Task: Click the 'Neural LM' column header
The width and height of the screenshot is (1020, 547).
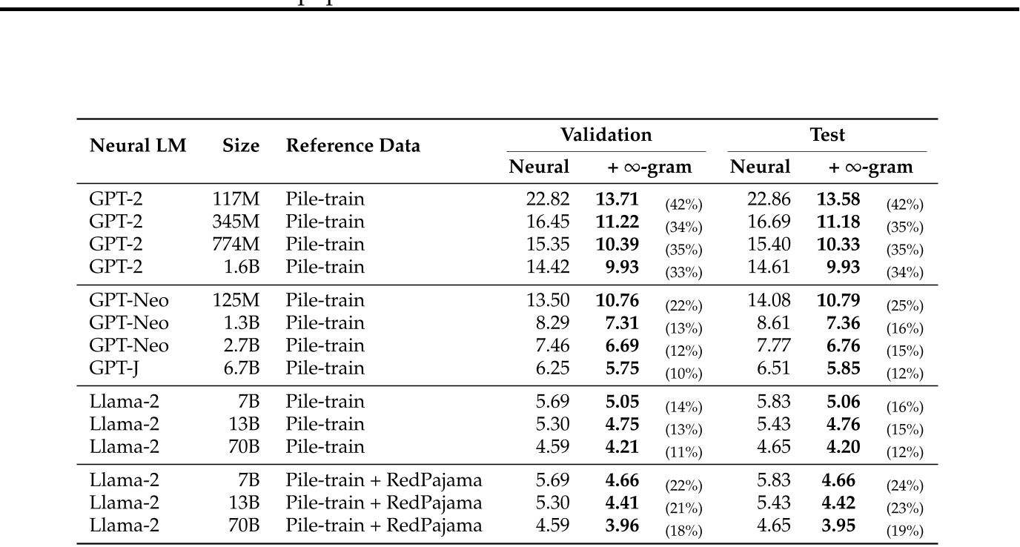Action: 138,146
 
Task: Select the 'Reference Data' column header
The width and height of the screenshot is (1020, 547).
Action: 353,146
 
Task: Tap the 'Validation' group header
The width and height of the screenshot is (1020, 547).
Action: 606,135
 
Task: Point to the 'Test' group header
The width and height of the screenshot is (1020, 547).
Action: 827,135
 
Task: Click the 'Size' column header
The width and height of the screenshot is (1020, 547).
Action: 242,146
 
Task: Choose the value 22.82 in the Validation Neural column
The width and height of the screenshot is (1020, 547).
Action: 547,199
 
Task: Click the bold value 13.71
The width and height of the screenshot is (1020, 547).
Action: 617,199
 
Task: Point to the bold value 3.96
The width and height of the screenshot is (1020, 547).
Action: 621,526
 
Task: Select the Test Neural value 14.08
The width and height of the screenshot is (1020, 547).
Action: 769,300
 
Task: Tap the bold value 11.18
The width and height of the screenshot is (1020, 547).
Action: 838,222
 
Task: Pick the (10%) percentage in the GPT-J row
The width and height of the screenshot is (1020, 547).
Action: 683,374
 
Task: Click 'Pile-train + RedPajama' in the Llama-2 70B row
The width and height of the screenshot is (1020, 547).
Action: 384,526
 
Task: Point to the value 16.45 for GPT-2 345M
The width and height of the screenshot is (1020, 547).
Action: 547,222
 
